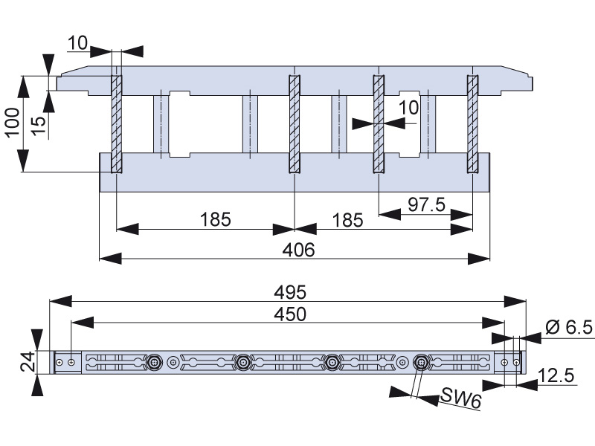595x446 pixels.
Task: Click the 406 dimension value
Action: [x=298, y=250]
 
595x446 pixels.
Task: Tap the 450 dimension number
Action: [x=290, y=314]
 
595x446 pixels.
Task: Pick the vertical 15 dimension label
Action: [x=39, y=123]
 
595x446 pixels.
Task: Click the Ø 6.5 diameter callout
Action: [x=569, y=326]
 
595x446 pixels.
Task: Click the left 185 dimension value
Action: [x=216, y=220]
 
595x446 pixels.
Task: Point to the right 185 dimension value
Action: [x=347, y=220]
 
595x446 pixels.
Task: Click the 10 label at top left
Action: [x=77, y=42]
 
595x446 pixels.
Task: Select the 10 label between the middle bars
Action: [x=408, y=107]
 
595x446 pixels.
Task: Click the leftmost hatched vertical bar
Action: [x=117, y=124]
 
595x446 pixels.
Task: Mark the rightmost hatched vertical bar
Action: [x=472, y=124]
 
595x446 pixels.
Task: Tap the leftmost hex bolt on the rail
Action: [x=155, y=362]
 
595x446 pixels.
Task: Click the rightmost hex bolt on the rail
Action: [x=421, y=362]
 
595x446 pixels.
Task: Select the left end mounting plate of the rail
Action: [x=68, y=362]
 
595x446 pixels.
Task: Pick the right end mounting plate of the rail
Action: [x=509, y=362]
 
